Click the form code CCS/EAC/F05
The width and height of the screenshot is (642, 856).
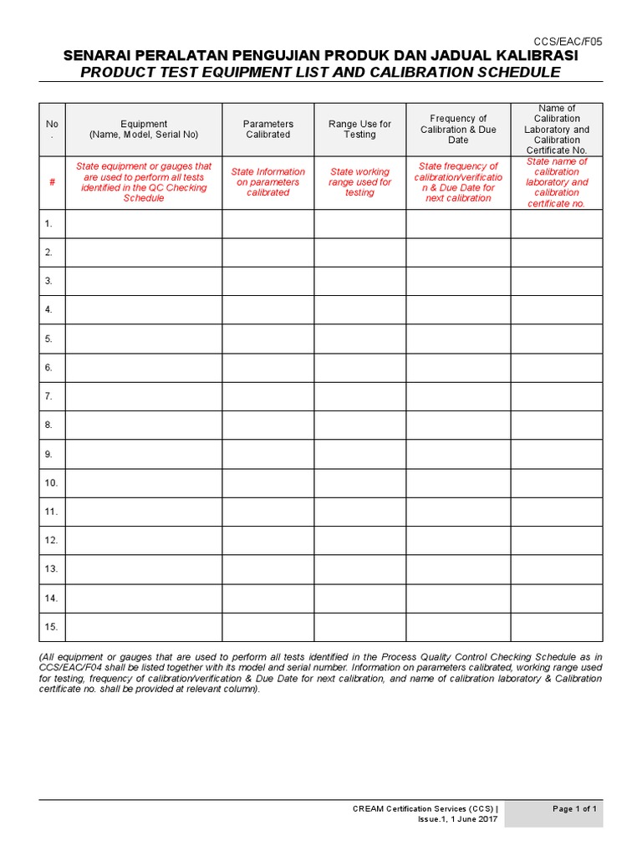(x=568, y=41)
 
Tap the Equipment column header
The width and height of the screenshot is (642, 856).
(x=144, y=129)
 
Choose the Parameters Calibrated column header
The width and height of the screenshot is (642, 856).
(x=267, y=129)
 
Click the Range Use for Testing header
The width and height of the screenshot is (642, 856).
(x=359, y=129)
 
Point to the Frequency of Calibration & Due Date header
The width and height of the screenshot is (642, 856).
(x=458, y=129)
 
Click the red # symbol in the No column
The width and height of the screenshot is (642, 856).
(x=52, y=182)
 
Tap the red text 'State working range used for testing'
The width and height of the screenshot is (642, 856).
(x=359, y=182)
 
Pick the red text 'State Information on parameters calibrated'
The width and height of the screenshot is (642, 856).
(x=267, y=182)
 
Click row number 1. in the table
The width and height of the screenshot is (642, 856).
(x=49, y=223)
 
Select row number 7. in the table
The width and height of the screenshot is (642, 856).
(x=49, y=396)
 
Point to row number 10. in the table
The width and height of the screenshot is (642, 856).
(x=51, y=482)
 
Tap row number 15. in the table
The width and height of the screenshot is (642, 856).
(x=51, y=626)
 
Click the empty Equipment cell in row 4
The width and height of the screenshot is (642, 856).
(x=144, y=309)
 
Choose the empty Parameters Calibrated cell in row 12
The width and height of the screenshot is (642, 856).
(x=267, y=540)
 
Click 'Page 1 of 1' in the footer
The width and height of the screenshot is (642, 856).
(x=574, y=809)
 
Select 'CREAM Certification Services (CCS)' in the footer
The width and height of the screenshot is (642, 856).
(x=425, y=809)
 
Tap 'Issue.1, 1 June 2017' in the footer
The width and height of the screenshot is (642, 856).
(x=457, y=820)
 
